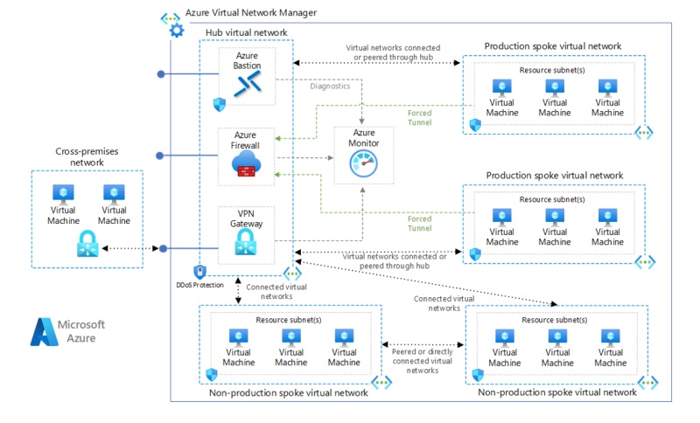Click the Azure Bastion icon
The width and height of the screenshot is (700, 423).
tap(248, 83)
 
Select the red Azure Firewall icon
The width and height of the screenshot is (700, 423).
tap(247, 165)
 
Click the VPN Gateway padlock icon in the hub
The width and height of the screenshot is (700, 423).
tap(247, 248)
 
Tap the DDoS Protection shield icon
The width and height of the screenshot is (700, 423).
tap(199, 272)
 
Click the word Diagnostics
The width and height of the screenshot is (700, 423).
tap(330, 87)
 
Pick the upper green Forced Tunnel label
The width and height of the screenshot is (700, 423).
tap(419, 118)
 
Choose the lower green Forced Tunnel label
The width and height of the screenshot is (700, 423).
tap(419, 223)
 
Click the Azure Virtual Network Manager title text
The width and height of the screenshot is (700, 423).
tap(251, 12)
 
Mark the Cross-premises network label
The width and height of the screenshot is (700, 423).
tap(87, 156)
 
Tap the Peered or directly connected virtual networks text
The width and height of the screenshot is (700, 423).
tap(423, 359)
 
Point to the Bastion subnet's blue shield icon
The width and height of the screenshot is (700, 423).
tap(219, 104)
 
